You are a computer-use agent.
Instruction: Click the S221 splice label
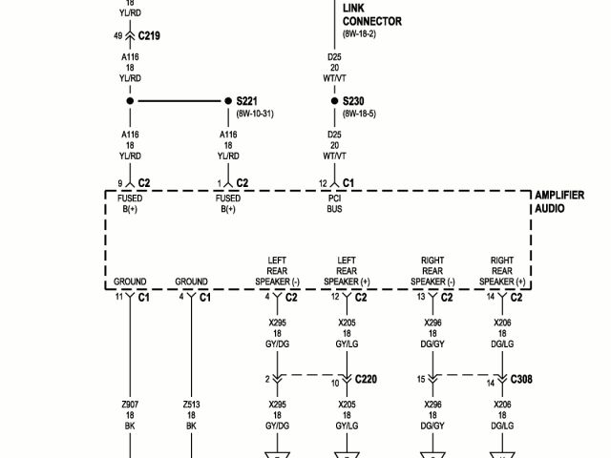[248, 101]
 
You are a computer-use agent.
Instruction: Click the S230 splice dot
[334, 101]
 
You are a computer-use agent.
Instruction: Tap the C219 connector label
[149, 35]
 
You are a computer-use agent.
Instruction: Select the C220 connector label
[366, 379]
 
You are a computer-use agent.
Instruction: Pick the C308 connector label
[521, 379]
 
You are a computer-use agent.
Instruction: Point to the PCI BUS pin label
[334, 203]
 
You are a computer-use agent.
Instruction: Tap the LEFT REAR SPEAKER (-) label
[278, 271]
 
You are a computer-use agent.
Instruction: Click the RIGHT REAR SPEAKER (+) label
[502, 271]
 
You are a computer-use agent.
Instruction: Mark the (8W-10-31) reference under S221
[255, 114]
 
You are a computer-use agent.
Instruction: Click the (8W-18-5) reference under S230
[359, 114]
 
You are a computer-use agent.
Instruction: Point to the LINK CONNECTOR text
[371, 14]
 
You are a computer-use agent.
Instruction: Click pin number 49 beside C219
[117, 35]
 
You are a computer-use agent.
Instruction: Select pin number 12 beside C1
[323, 182]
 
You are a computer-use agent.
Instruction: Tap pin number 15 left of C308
[420, 379]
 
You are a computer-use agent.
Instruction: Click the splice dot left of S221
[130, 101]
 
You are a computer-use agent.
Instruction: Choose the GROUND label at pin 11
[130, 281]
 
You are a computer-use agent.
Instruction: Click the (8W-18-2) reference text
[359, 33]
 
